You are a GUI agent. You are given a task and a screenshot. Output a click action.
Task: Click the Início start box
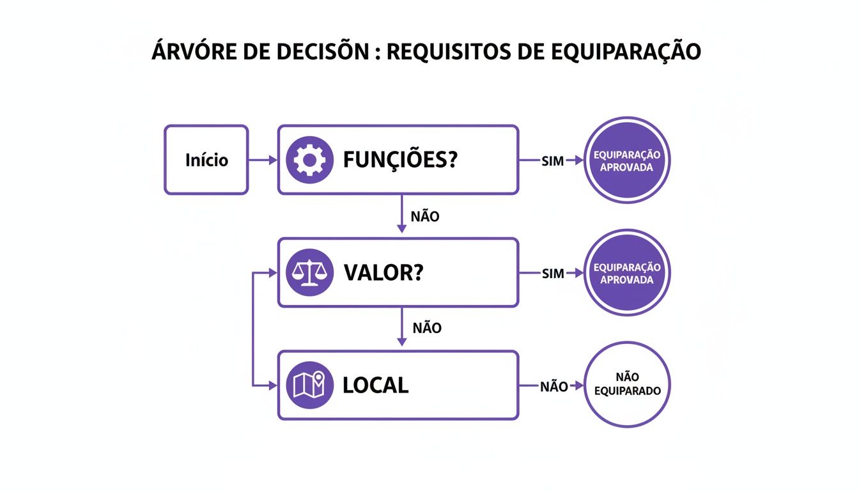click(206, 160)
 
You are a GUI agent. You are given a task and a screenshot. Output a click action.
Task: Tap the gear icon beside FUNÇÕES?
click(309, 160)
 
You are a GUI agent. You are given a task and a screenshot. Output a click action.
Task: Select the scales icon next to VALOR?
click(309, 272)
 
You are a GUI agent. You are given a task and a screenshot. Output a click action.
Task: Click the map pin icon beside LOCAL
click(309, 385)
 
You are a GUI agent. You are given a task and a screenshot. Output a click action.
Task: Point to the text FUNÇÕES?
click(400, 160)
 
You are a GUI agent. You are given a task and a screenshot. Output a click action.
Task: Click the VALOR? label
click(383, 273)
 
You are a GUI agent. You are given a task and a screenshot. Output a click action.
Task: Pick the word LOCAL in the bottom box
click(376, 386)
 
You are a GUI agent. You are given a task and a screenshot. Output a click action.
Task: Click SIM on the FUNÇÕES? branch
click(552, 161)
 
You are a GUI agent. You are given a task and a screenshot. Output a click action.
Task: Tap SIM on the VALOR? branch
click(552, 274)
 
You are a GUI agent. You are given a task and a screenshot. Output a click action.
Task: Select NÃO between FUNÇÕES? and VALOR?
click(425, 216)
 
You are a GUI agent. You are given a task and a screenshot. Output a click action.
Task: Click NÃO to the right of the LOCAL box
click(553, 386)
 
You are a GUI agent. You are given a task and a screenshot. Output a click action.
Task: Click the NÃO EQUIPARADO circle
click(627, 384)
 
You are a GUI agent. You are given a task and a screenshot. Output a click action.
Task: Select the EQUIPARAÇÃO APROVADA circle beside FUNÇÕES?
click(627, 160)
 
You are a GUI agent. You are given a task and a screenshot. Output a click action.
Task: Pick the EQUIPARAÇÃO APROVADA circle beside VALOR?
click(627, 273)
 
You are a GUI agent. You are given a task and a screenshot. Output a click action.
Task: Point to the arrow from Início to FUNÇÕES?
click(263, 160)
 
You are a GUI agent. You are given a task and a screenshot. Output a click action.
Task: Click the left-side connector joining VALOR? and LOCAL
click(254, 329)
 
